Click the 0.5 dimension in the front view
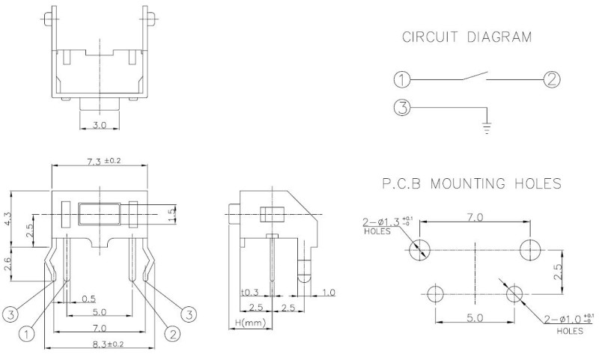coord(88,299)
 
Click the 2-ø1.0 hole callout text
coord(570,320)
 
